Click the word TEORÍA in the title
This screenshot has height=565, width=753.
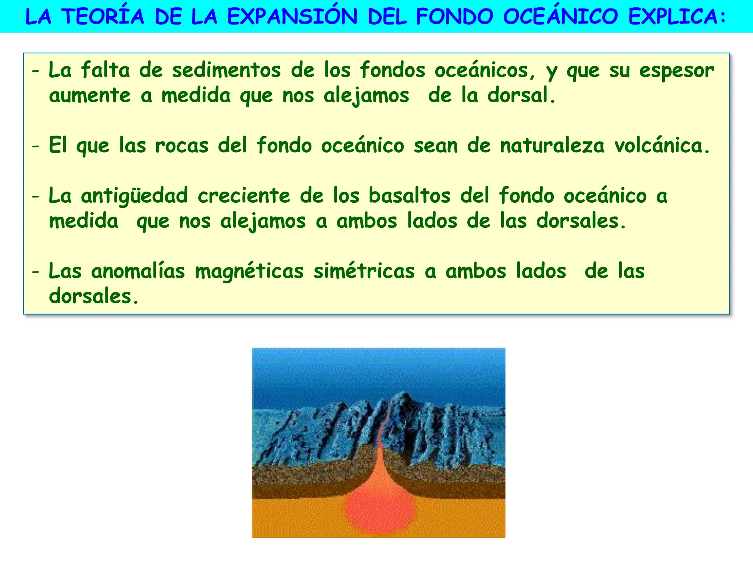click(103, 17)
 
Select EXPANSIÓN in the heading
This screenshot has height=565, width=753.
click(292, 17)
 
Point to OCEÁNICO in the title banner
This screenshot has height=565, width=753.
click(560, 17)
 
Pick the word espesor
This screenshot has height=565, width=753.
click(677, 71)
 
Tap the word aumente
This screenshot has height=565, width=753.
click(90, 96)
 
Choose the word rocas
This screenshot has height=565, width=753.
click(182, 146)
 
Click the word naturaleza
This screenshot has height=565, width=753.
click(552, 146)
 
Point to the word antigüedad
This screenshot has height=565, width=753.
click(134, 196)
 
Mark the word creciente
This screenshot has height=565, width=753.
click(244, 196)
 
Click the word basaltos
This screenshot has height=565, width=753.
click(409, 196)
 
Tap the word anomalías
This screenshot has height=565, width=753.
click(138, 271)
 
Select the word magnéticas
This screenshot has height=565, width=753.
click(249, 271)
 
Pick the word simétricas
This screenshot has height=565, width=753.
click(364, 271)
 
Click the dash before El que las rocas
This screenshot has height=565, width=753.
click(35, 146)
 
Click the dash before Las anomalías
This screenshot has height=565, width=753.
click(35, 272)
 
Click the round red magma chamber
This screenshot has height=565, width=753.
click(380, 509)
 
